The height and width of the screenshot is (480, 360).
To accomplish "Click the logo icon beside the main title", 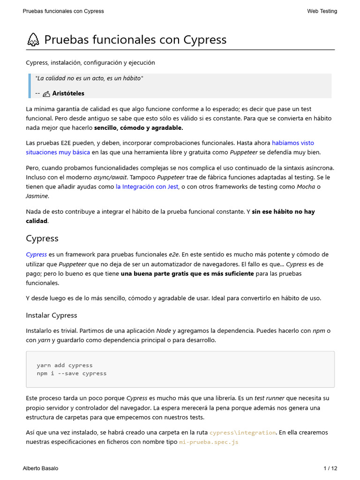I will pos(33,40).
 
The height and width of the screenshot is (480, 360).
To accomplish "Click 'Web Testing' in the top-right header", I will pos(322,11).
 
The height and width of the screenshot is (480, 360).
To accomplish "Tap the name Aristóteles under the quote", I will pos(68,93).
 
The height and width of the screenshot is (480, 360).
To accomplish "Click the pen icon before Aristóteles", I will pos(46,94).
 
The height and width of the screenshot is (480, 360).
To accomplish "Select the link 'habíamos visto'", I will pos(293,143).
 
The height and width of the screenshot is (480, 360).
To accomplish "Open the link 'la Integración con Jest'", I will pos(147,187).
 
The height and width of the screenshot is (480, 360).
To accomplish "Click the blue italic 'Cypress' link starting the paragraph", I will pos(36,255).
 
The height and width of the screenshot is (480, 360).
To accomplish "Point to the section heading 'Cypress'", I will pos(42,239).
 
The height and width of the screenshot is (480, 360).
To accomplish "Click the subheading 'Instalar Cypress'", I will pos(52,315).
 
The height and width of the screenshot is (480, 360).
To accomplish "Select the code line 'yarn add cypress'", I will pos(65,365).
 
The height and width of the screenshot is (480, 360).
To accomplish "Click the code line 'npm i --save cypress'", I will pos(72,374).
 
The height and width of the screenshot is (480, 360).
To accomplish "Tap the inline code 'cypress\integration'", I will pos(242,433).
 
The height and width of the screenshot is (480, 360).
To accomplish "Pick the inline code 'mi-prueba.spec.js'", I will pos(209,442).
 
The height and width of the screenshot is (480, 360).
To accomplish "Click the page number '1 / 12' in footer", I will pos(330,468).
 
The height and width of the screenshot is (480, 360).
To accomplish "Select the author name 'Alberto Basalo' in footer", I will pos(40,468).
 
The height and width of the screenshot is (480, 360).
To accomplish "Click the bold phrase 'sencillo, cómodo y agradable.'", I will pos(139,127).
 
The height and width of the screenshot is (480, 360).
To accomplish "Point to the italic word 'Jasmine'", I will pos(37,196).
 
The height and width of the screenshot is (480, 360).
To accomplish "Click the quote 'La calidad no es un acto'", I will pos(70,78).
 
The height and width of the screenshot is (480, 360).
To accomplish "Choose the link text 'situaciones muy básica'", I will pos(58,152).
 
